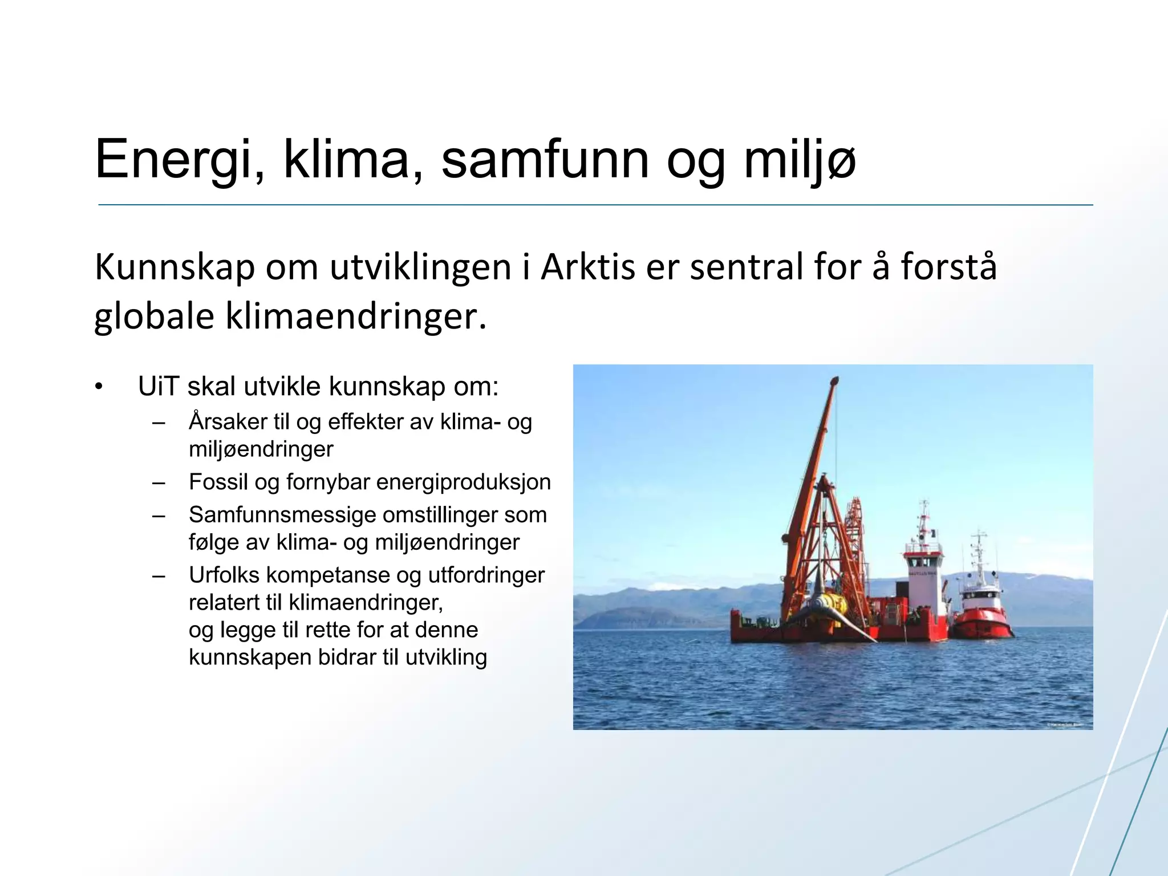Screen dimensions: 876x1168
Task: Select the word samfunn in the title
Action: click(x=545, y=160)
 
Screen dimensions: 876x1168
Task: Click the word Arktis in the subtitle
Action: click(x=587, y=267)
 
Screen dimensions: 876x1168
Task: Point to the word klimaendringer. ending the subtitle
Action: click(x=356, y=317)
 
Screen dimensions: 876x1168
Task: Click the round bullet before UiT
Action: click(x=99, y=387)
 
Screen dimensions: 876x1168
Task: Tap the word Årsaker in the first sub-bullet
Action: click(x=228, y=422)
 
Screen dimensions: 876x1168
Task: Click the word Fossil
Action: click(x=218, y=482)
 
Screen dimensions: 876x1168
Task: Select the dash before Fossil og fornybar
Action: click(x=159, y=483)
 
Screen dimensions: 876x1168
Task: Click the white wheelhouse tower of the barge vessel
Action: click(x=922, y=570)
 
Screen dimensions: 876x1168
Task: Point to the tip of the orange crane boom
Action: click(x=836, y=379)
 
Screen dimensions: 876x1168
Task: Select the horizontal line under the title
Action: click(x=595, y=205)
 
